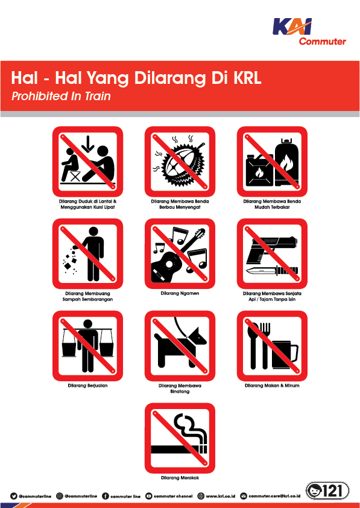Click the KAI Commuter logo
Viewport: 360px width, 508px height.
point(309,31)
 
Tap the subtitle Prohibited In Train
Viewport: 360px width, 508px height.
point(61,96)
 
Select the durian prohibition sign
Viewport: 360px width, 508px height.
point(180,161)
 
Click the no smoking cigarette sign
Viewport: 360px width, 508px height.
point(180,437)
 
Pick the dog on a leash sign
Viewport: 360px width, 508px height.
point(180,346)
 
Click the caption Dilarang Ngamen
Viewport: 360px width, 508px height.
point(180,293)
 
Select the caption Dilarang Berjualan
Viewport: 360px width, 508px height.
point(88,386)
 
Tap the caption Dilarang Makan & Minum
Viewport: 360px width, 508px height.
point(272,386)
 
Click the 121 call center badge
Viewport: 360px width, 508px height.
point(327,491)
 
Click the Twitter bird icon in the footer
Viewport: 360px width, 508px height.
point(13,496)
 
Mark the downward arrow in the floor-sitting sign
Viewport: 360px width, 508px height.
point(88,144)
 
